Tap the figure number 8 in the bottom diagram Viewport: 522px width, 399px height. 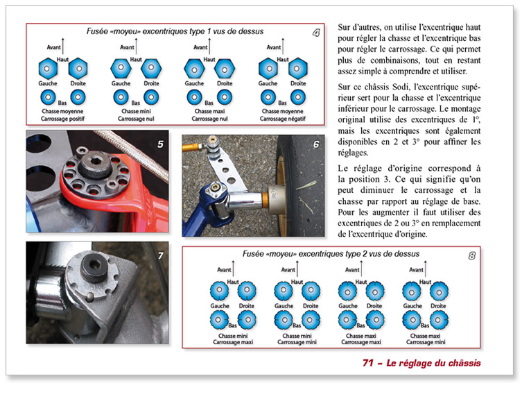pyautogui.click(x=472, y=256)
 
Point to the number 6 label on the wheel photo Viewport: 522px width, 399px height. pyautogui.click(x=316, y=145)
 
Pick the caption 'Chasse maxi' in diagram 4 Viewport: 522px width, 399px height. pyautogui.click(x=209, y=110)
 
